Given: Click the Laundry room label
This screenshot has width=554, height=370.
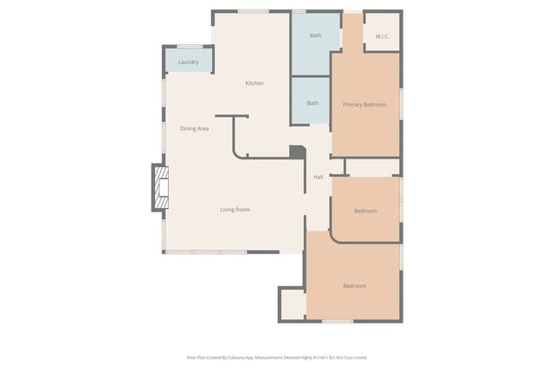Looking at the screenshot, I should point(188,62).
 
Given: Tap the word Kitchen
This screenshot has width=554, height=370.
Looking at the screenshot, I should point(254,83).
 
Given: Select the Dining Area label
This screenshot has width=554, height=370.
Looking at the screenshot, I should point(194,128).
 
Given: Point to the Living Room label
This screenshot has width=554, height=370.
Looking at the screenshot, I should point(235,209).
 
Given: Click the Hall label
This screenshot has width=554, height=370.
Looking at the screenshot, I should point(318,177).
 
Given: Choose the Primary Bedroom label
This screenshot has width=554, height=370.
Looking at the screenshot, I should point(364,105).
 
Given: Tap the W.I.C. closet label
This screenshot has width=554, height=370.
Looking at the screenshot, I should point(382,36).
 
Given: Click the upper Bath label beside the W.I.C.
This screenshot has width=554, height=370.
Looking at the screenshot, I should point(316,36).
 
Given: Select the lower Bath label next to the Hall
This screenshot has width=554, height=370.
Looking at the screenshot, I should point(312,103).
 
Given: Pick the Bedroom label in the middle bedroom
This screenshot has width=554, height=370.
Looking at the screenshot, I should point(365,211).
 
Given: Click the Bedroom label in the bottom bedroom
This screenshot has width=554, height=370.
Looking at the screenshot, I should point(354,286).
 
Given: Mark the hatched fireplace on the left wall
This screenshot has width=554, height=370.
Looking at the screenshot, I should point(160,187).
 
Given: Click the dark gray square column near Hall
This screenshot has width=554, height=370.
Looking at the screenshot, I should point(297,152).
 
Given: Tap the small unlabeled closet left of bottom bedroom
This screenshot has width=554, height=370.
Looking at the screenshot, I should point(293,304).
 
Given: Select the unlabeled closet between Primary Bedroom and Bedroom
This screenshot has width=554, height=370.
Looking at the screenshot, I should point(372,167).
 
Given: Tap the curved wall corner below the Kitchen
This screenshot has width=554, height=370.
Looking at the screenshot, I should point(236,153).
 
